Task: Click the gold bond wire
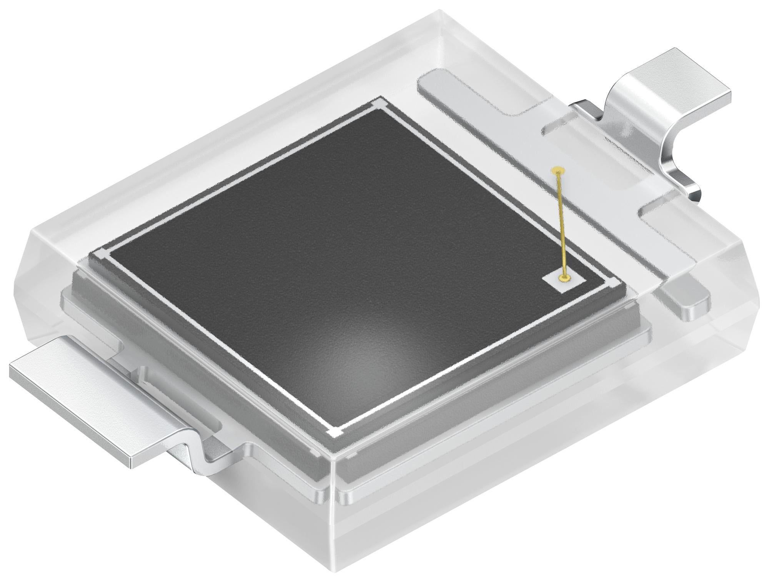click(561, 223)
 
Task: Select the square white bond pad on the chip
click(564, 280)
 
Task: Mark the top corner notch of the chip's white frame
click(378, 105)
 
